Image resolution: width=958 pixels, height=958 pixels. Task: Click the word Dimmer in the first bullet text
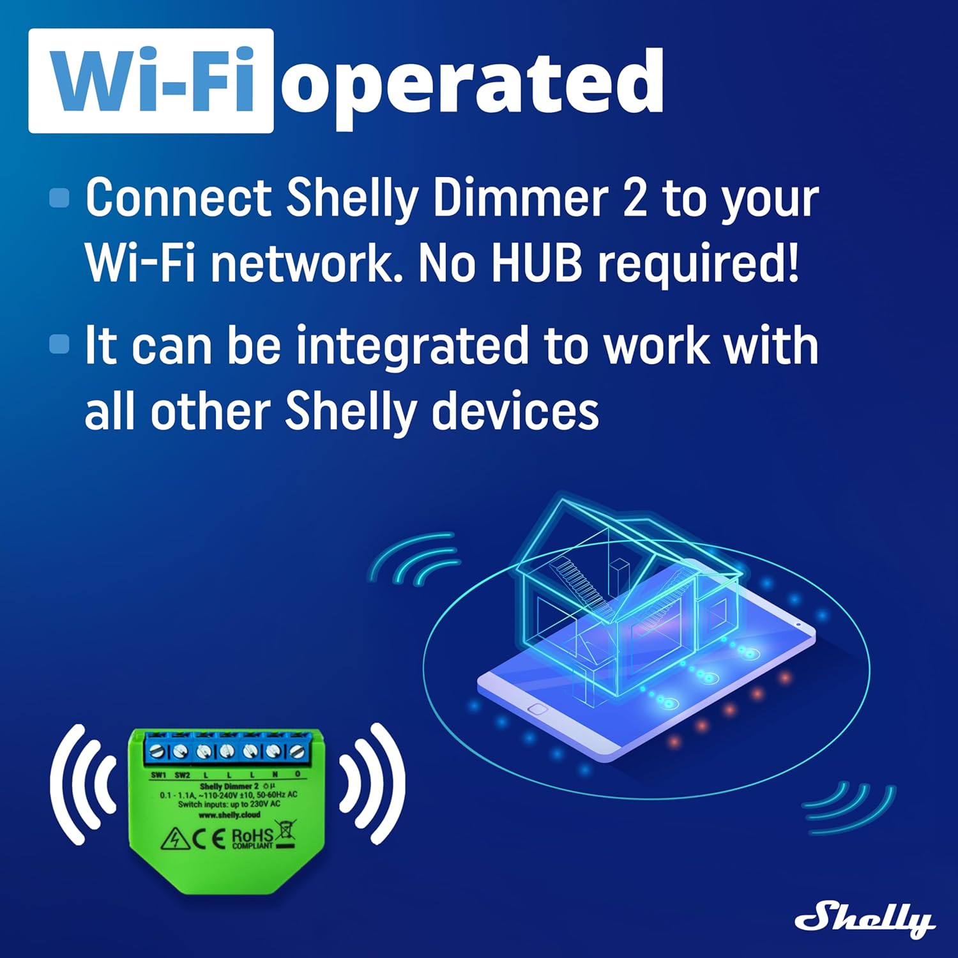(x=520, y=198)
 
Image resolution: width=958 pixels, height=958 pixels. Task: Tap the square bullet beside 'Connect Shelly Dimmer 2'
(x=59, y=197)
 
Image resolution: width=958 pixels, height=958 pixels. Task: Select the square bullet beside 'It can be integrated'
(x=59, y=344)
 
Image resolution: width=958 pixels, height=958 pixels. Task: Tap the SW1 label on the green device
(x=158, y=775)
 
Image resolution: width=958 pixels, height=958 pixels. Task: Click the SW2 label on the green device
(x=182, y=775)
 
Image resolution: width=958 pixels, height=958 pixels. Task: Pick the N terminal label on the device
(x=275, y=775)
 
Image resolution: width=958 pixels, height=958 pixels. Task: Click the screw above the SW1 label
(x=158, y=751)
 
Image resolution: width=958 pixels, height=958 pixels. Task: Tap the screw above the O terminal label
(x=296, y=751)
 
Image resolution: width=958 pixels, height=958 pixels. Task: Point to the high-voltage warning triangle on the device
(x=174, y=839)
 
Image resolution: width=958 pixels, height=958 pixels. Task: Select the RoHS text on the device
(x=252, y=835)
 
